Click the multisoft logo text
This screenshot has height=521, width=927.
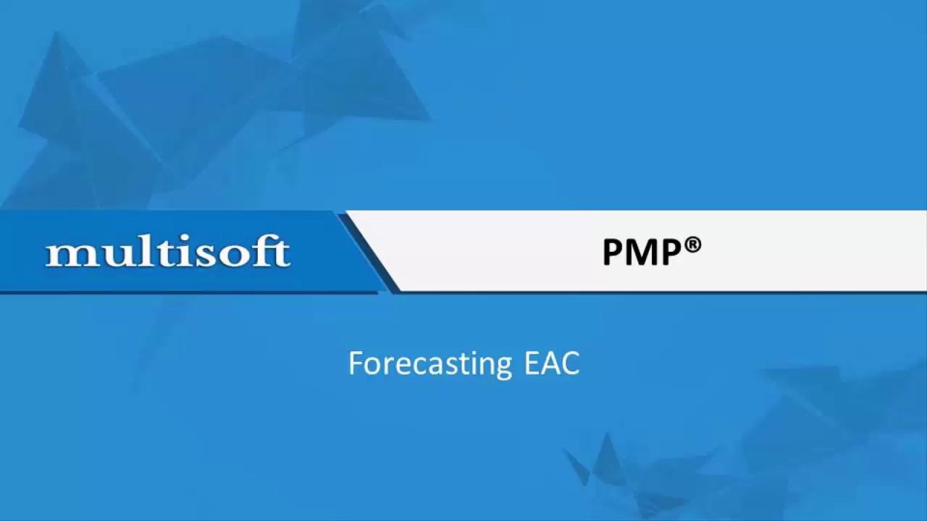[x=167, y=250]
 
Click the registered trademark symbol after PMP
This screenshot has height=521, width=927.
[x=693, y=245]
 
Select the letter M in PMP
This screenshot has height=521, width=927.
[x=651, y=253]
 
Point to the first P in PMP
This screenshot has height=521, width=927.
[x=616, y=253]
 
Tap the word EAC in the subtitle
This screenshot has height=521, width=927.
[x=552, y=363]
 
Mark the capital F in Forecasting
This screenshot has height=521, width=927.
[x=356, y=363]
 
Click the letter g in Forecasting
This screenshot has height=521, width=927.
[x=503, y=368]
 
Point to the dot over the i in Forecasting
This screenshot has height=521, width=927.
[x=468, y=353]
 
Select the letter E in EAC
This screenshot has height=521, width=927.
[x=532, y=363]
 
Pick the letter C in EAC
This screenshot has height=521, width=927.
[x=571, y=363]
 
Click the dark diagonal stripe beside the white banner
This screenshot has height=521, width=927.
[x=369, y=253]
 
